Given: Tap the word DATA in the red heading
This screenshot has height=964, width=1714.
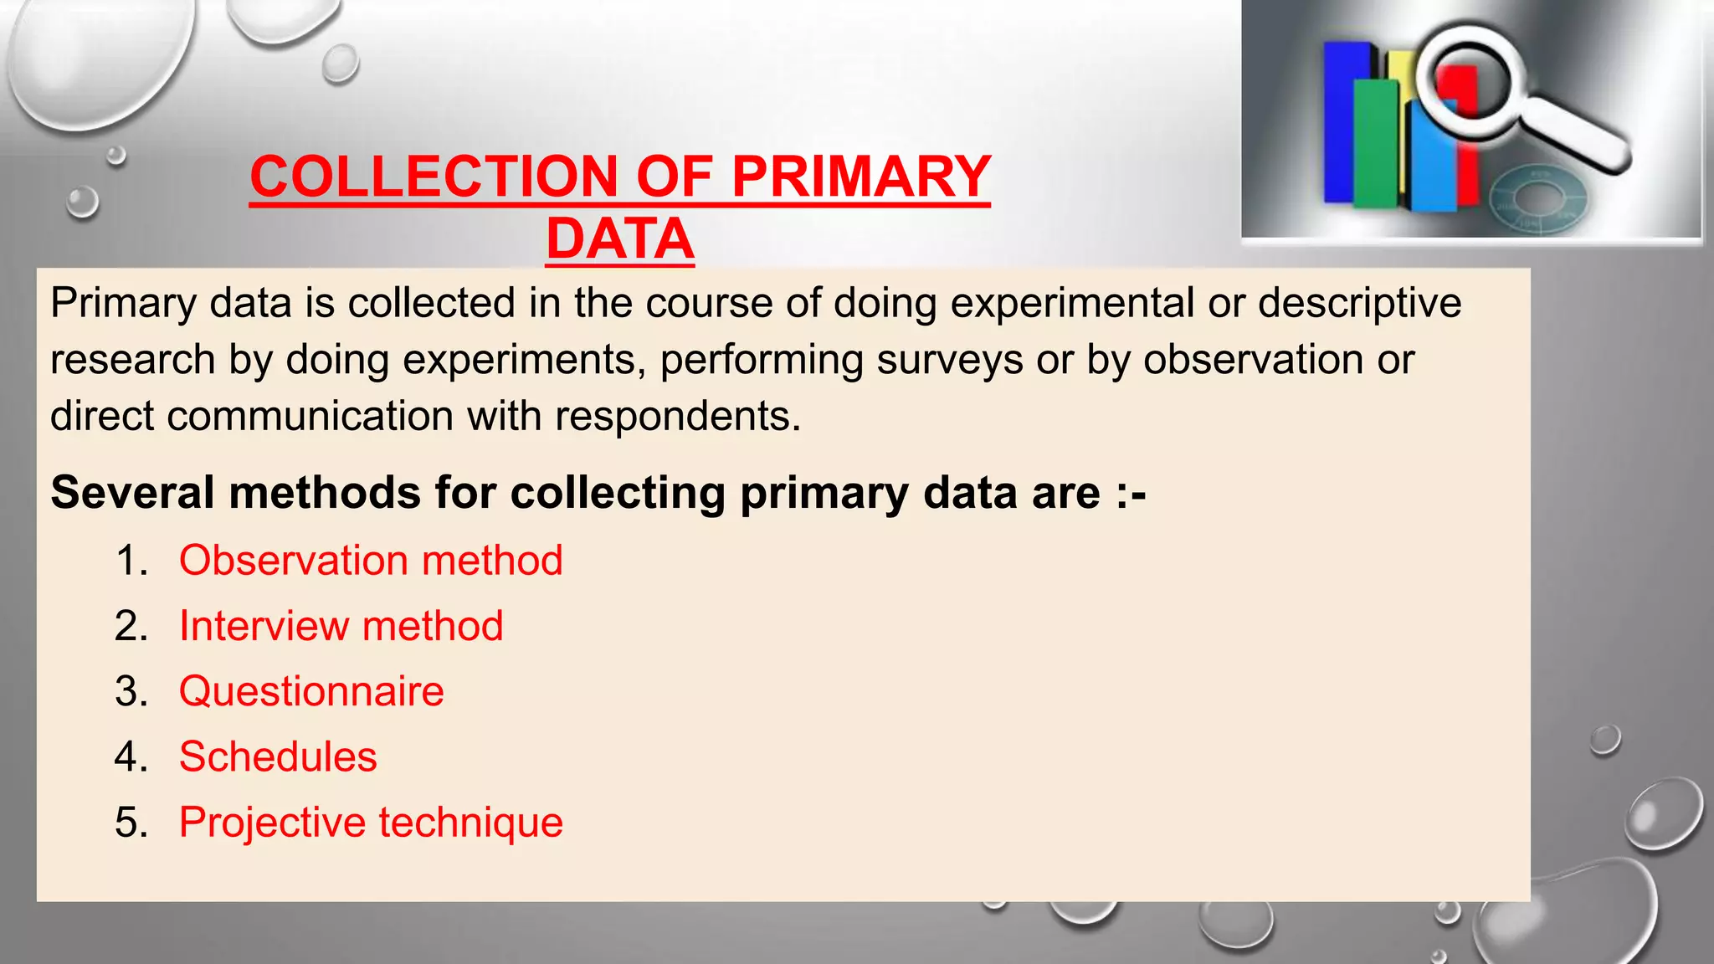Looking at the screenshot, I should [619, 240].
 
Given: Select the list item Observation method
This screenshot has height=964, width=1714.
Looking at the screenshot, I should [371, 561].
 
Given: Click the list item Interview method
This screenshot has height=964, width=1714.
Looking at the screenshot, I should [341, 626].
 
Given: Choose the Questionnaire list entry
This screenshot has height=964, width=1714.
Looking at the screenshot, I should [311, 691].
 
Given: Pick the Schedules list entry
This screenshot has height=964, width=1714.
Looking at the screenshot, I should [278, 756].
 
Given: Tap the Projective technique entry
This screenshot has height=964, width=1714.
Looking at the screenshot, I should [371, 822].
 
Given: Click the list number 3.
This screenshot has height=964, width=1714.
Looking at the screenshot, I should [131, 692].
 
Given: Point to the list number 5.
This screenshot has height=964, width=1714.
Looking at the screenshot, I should [131, 823].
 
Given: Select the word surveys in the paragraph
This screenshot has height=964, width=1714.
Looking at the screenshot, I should [950, 360].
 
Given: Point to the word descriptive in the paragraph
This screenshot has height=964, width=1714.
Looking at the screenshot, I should [1359, 303].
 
